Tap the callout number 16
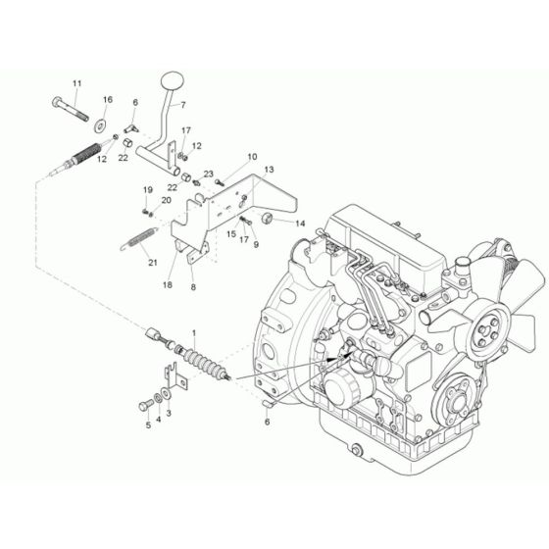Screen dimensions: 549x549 108,100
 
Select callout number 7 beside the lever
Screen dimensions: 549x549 182,104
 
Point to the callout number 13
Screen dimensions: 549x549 269,171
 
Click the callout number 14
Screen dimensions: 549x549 300,224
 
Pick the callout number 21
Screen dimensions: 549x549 151,262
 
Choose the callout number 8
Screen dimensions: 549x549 193,287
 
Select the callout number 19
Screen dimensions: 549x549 149,189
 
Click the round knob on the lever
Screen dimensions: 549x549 173,77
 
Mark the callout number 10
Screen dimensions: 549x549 252,157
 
